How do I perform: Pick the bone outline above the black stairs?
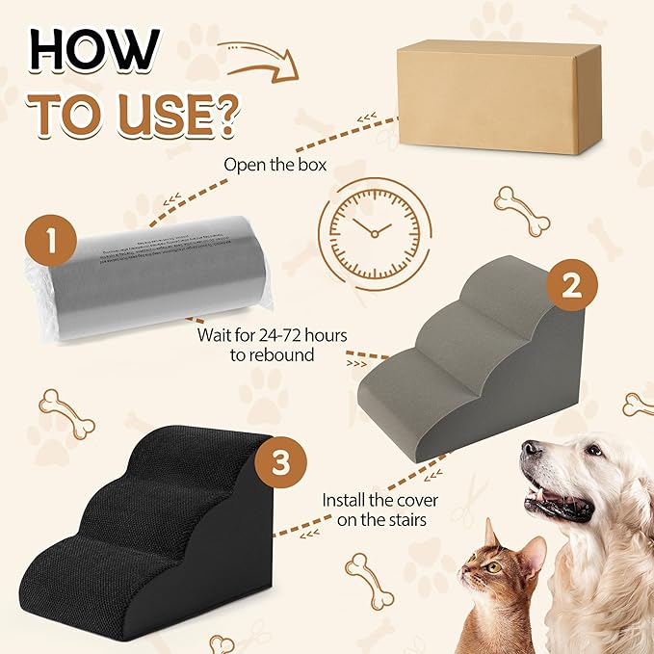click(67, 412)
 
